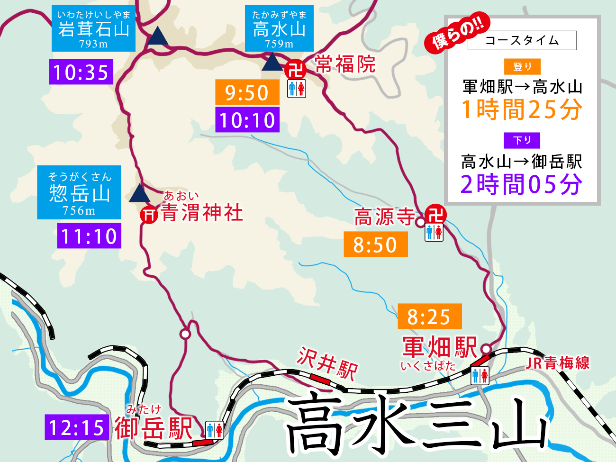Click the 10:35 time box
coord(81,72)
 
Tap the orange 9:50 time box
coord(247,92)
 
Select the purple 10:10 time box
coord(247,120)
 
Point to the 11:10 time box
coord(89,236)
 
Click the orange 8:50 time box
coord(375,245)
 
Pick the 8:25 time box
coord(429,317)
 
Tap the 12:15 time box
coord(77,427)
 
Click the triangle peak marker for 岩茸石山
coord(157,36)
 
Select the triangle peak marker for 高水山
coord(272,62)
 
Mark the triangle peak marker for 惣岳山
coord(139,193)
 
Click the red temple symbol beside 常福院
coord(296,70)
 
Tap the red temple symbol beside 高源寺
coord(435,214)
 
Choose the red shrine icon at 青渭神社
coord(149,215)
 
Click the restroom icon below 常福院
coord(297,89)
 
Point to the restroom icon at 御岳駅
coord(214,430)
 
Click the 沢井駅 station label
coord(327,363)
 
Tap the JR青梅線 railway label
coord(558,363)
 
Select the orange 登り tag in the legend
coord(522,67)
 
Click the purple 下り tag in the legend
coord(522,140)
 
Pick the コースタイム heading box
coord(522,41)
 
